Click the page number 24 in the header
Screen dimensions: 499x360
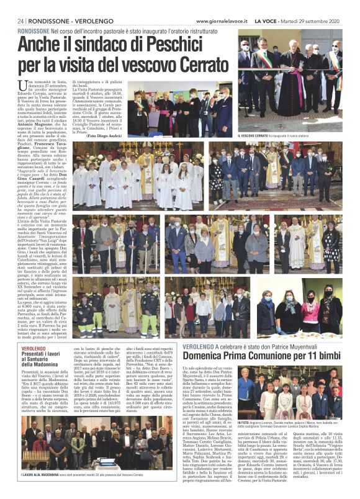20,5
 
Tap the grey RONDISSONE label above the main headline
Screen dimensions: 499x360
34,30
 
